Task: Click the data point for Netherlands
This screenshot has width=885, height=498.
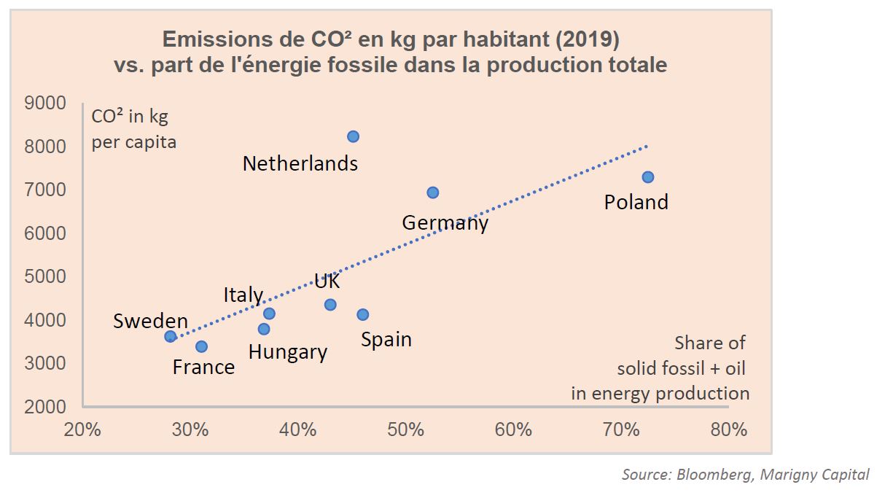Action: pyautogui.click(x=353, y=136)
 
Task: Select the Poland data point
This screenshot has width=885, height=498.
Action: pyautogui.click(x=647, y=177)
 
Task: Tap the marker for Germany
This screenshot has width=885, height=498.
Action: pyautogui.click(x=432, y=192)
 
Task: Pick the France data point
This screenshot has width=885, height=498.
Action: pyautogui.click(x=201, y=346)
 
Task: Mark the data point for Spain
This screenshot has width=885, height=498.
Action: pyautogui.click(x=362, y=314)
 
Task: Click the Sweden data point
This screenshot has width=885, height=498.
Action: pyautogui.click(x=171, y=336)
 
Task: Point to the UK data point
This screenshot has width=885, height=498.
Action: pyautogui.click(x=330, y=304)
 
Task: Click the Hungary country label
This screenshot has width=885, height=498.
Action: pyautogui.click(x=287, y=352)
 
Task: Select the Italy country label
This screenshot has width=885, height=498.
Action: pyautogui.click(x=243, y=295)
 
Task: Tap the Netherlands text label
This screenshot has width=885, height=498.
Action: pyautogui.click(x=300, y=163)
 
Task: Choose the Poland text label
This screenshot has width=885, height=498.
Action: pyautogui.click(x=636, y=202)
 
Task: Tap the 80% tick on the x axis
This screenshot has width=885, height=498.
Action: pyautogui.click(x=728, y=429)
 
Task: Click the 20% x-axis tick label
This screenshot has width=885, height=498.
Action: pyautogui.click(x=83, y=429)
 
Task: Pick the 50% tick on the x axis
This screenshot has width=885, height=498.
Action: pyautogui.click(x=406, y=429)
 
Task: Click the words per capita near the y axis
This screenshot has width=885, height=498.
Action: pyautogui.click(x=133, y=141)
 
